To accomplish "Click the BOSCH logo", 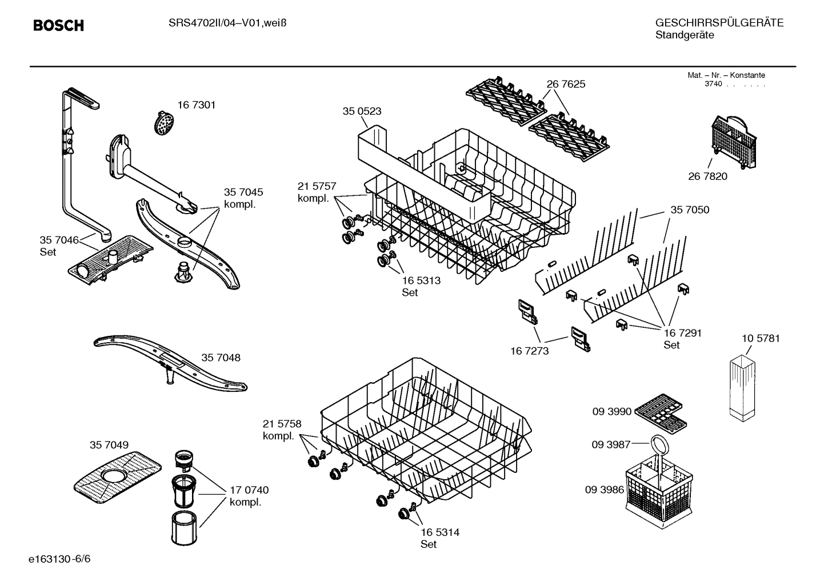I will [x=58, y=26].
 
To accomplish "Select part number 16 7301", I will [x=196, y=105].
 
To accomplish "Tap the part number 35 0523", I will [x=362, y=111].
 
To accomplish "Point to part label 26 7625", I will [x=566, y=84].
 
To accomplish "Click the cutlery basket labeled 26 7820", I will [x=734, y=142].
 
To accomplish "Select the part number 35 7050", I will [x=690, y=210].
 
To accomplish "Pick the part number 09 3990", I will [x=611, y=411].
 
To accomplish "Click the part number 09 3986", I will [x=604, y=489].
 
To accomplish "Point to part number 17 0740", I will [x=249, y=490].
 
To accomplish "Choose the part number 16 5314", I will [x=439, y=532].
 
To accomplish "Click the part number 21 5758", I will [x=282, y=424].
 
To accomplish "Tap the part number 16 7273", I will [x=529, y=351].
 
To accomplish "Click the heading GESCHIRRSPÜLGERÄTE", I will [x=719, y=23].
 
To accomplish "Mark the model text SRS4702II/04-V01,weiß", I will [x=227, y=23].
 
